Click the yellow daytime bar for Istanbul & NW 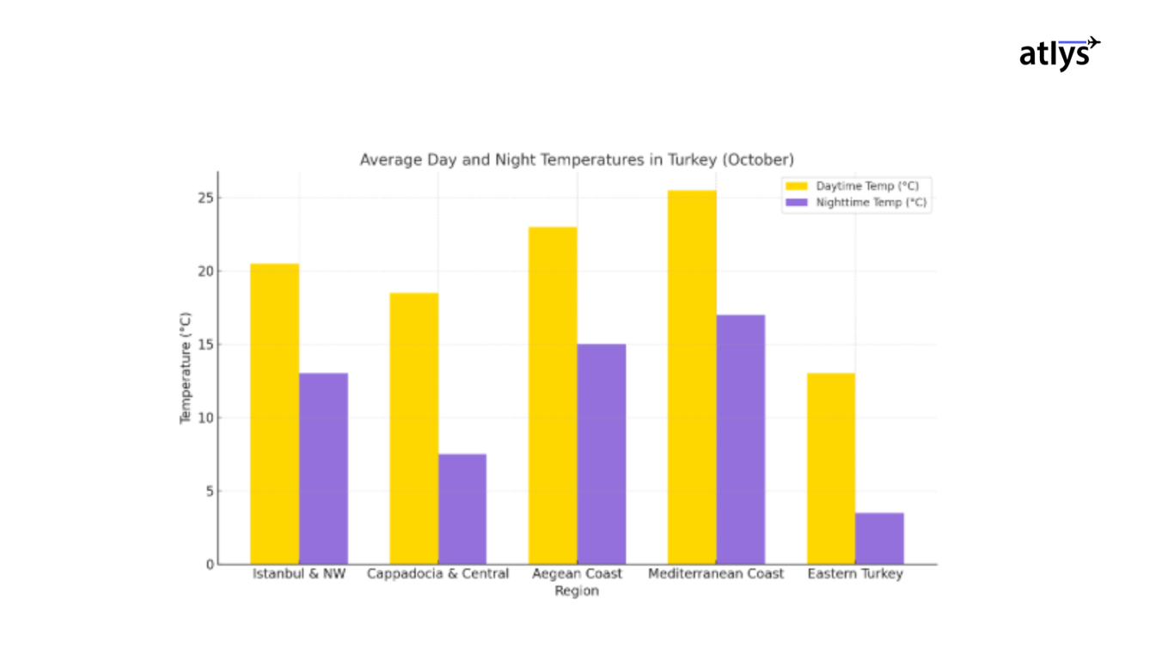275,414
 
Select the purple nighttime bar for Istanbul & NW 323,468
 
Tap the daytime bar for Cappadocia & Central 413,429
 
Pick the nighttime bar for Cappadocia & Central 462,509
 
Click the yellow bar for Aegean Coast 553,395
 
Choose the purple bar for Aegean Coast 602,454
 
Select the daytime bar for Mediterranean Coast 692,377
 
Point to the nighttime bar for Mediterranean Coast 741,439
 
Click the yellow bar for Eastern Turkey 831,468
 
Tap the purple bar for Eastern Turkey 879,538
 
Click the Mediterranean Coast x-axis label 716,574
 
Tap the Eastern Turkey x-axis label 855,574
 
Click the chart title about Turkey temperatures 577,160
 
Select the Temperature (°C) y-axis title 186,368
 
